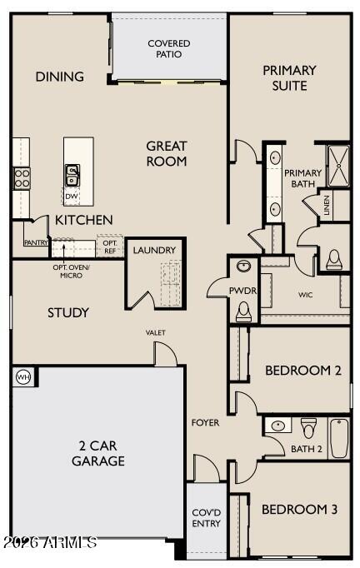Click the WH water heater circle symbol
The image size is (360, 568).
(24, 377)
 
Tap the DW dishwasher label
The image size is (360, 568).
(72, 197)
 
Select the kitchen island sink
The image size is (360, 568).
(72, 176)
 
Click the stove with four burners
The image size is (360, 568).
(22, 178)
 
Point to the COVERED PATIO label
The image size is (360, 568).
(169, 48)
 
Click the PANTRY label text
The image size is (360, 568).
(36, 242)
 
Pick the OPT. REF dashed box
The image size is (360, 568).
(110, 247)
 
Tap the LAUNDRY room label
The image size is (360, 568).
(154, 250)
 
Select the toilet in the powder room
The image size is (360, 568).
(243, 311)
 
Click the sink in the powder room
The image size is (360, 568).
(243, 267)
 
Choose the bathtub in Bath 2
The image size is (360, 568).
(339, 438)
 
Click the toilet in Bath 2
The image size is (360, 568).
(309, 428)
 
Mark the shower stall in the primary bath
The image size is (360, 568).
(338, 166)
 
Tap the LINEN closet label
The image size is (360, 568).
(327, 206)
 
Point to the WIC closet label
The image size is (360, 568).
(305, 295)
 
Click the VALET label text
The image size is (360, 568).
(156, 332)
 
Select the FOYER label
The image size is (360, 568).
(205, 422)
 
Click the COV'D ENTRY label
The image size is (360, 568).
(207, 518)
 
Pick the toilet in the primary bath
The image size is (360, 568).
(334, 259)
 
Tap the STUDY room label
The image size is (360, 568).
(68, 312)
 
